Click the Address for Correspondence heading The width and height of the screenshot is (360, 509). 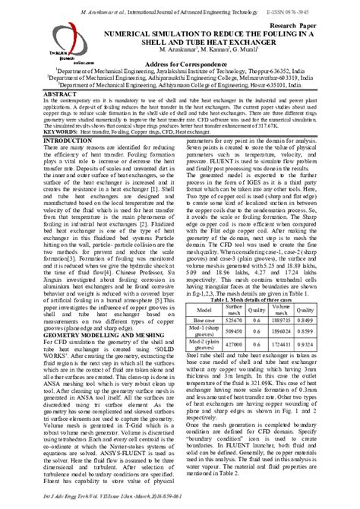tap(182, 65)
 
